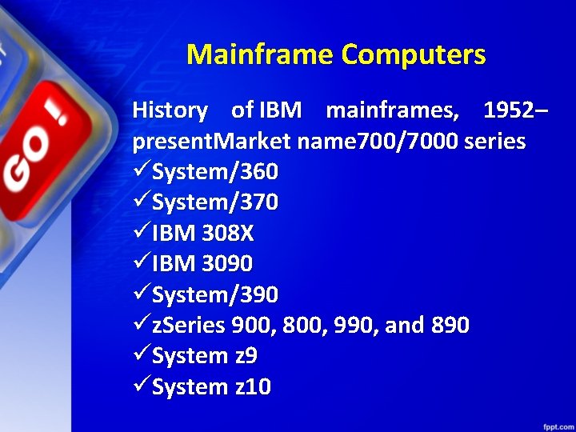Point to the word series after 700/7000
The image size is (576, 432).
tap(495, 141)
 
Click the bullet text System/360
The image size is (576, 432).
tap(214, 171)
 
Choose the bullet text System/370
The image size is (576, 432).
tap(214, 202)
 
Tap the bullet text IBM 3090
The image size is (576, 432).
tap(202, 263)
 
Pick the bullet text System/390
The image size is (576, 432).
tap(214, 294)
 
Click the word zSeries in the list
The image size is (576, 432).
tap(189, 326)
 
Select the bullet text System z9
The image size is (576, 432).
tap(204, 356)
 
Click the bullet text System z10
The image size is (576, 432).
tap(211, 387)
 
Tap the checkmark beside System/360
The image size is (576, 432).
tap(141, 170)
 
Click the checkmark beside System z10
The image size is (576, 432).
tap(141, 386)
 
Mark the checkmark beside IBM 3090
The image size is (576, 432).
tap(141, 262)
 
